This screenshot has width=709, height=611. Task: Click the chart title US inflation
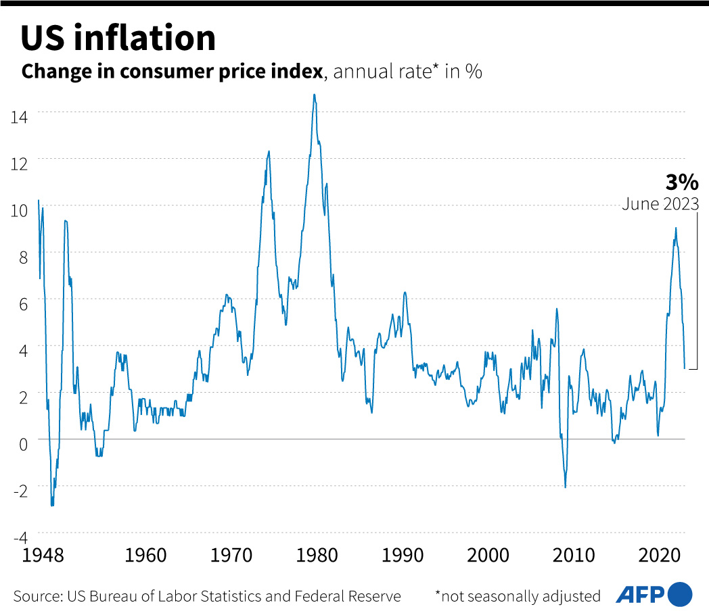(118, 39)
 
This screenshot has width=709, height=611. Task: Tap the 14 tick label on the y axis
(19, 116)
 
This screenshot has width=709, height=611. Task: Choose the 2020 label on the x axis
(660, 556)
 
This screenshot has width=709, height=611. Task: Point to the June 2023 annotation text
(660, 204)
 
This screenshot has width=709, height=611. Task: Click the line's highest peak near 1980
(315, 95)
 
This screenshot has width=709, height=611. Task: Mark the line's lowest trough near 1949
(52, 505)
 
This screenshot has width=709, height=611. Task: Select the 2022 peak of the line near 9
(675, 228)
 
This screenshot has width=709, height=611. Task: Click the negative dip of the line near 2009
(565, 487)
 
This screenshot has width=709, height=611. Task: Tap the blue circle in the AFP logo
(680, 594)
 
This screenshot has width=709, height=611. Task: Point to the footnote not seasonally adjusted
(518, 596)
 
